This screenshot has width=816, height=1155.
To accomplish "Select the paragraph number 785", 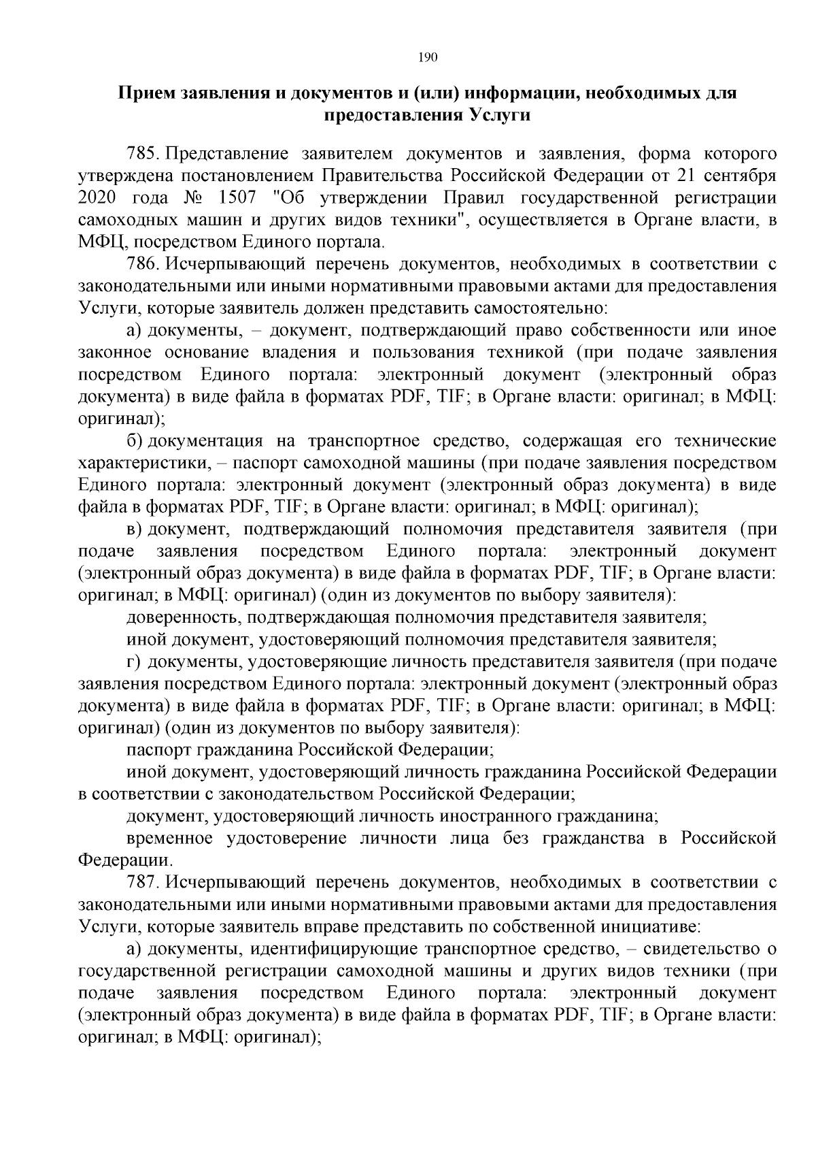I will (x=142, y=154).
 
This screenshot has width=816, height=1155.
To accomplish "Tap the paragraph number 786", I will (x=142, y=265).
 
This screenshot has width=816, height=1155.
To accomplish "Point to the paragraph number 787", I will (x=142, y=883).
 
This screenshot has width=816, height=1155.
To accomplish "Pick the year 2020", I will (x=97, y=198).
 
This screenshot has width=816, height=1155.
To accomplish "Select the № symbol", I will (x=195, y=198).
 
